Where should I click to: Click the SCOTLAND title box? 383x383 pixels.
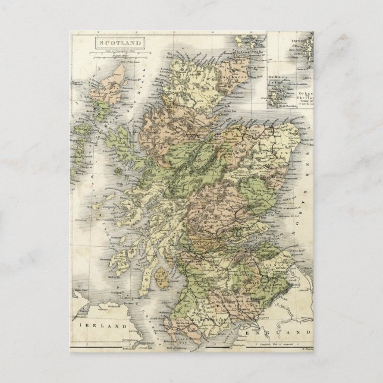[x=119, y=43]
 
